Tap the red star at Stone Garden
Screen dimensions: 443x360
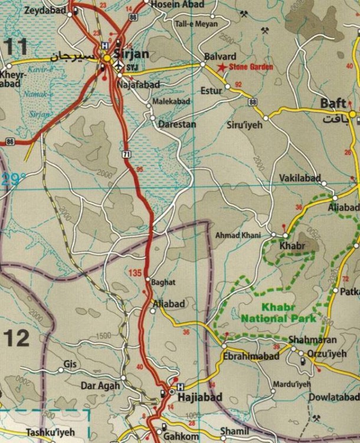(222, 67)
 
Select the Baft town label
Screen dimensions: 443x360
(333, 103)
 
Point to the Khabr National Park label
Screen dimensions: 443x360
(284, 312)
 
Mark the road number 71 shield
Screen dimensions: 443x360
(126, 154)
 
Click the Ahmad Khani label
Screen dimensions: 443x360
(238, 235)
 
